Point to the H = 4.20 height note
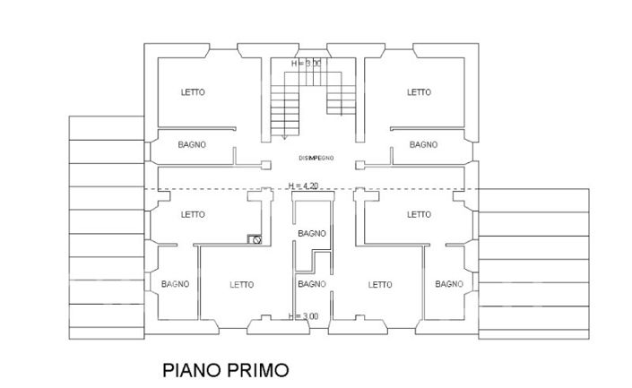[304, 185]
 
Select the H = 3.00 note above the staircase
[306, 65]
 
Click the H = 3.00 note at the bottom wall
[304, 315]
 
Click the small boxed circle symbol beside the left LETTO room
[255, 239]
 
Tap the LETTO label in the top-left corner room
[193, 92]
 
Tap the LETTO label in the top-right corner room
[419, 92]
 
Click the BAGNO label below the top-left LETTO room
[192, 144]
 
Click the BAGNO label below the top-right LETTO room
[423, 144]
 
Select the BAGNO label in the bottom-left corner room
[175, 284]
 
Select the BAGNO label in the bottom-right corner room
[448, 284]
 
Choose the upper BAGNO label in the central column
[312, 233]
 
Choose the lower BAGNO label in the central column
[311, 284]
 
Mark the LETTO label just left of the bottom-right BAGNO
[380, 284]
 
